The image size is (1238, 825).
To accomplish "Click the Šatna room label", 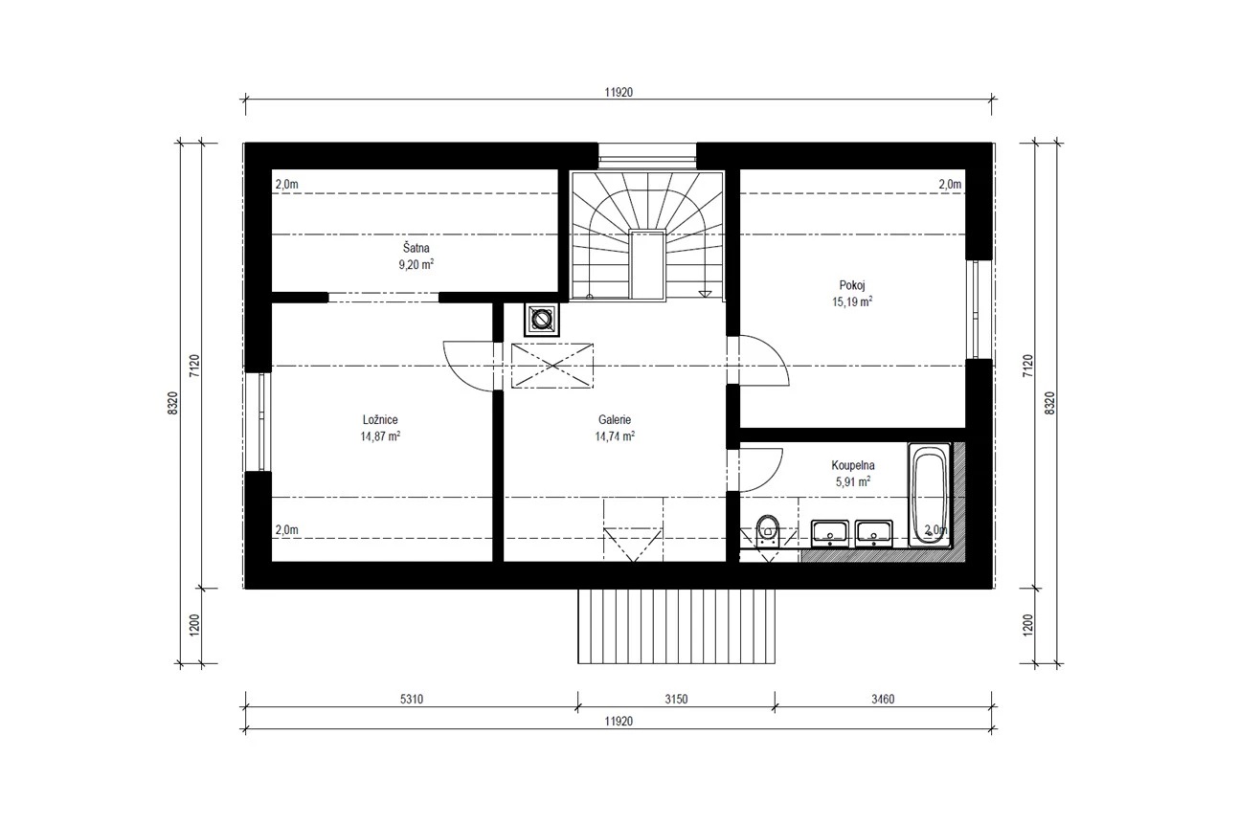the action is (416, 248).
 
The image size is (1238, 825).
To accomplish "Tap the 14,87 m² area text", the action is (380, 436).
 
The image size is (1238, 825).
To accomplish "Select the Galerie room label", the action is (614, 420).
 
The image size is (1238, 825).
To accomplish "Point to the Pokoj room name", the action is (852, 285).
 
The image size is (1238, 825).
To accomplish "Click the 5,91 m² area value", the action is (853, 481).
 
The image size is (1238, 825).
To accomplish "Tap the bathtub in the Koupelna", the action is (930, 495).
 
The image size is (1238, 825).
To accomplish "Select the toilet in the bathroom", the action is (767, 531).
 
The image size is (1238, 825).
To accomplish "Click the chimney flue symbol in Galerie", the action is (541, 319).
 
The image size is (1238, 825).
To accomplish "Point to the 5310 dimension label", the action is (411, 699).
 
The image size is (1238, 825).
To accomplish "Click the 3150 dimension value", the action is (676, 699).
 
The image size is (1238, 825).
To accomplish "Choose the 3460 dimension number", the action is (883, 699).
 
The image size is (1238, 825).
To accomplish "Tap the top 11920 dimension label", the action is (619, 92).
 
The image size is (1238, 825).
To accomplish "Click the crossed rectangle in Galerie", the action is (552, 366).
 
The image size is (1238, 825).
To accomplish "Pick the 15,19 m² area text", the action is (852, 301).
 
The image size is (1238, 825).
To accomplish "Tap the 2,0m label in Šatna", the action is (287, 185).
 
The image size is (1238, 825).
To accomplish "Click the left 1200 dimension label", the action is (194, 625).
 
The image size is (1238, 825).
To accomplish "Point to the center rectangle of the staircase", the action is (646, 265).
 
